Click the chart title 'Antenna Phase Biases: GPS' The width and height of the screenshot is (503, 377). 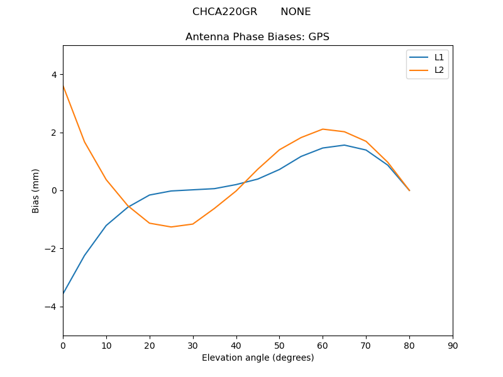pos(257,37)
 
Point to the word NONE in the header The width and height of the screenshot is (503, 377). pos(296,12)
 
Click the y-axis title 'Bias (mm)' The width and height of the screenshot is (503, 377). pos(36,190)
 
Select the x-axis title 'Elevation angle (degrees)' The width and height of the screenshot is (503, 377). pos(258,358)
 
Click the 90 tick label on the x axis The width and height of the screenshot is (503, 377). pos(453,345)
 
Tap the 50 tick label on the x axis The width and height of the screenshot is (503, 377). pos(279,345)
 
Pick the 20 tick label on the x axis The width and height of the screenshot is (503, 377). pos(150,345)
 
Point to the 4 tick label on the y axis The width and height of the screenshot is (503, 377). pos(54,75)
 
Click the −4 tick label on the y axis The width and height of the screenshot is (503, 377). pos(52,307)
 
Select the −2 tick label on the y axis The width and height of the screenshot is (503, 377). pos(52,249)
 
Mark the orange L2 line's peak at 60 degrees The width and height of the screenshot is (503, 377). pos(323,129)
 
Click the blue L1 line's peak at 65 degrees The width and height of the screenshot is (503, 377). pos(345,145)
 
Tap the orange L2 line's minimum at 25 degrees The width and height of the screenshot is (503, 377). pos(171,227)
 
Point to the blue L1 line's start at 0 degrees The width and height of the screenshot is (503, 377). pos(64,293)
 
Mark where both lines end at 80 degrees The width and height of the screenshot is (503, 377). pos(409,190)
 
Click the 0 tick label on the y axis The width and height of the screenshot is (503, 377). pos(54,190)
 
